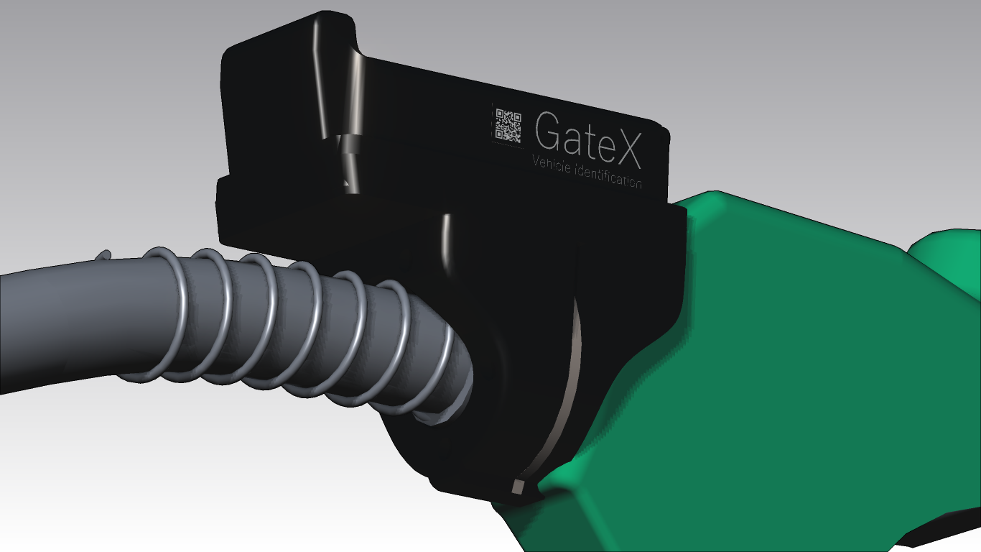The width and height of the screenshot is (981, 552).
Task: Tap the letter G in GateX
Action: point(549,134)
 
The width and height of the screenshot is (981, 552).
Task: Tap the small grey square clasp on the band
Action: point(519,487)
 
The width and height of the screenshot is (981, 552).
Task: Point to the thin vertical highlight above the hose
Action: point(446,244)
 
